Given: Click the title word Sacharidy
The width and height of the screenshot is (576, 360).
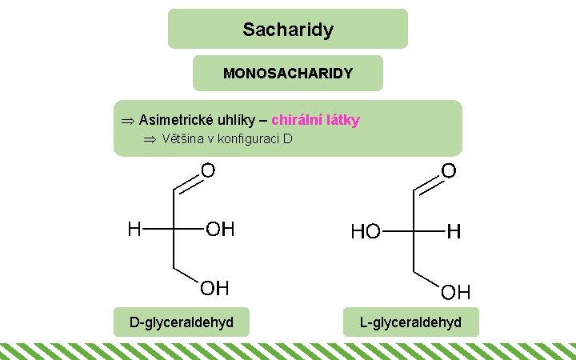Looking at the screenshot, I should [288, 30].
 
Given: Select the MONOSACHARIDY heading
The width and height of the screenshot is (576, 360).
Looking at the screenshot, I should [288, 74].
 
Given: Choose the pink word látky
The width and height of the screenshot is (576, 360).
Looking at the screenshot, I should [343, 120].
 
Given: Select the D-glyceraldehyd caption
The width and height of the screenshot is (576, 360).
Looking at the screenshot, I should [182, 322].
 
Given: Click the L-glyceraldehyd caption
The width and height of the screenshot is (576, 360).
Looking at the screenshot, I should [411, 322].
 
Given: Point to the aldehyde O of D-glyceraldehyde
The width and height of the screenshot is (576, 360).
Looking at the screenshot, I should [208, 170].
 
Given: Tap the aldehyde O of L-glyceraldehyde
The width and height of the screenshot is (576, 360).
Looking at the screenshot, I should [449, 170].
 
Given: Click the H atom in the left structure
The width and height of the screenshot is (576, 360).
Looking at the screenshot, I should [135, 230].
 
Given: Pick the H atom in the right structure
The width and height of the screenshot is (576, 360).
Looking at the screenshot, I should [454, 232].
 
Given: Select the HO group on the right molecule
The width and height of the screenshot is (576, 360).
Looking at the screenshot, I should [366, 232].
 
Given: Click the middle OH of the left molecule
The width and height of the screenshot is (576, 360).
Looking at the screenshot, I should [221, 230].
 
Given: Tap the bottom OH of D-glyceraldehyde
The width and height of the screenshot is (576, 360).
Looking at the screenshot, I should [214, 287].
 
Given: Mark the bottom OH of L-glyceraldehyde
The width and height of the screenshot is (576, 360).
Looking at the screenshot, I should [456, 290].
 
